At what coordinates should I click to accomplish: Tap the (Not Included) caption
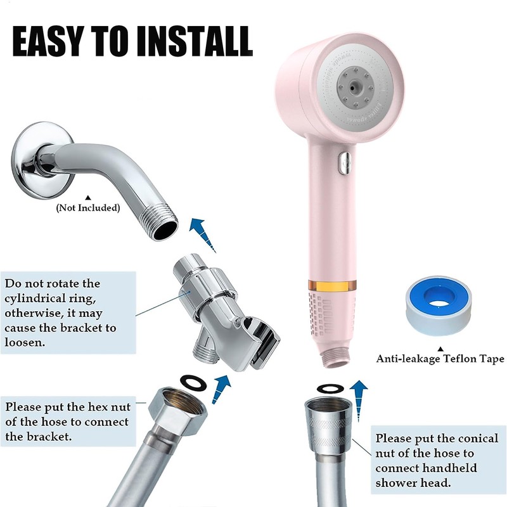[x=87, y=207]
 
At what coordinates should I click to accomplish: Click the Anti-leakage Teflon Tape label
[x=440, y=359]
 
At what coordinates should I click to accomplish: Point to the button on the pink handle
[x=345, y=162]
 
